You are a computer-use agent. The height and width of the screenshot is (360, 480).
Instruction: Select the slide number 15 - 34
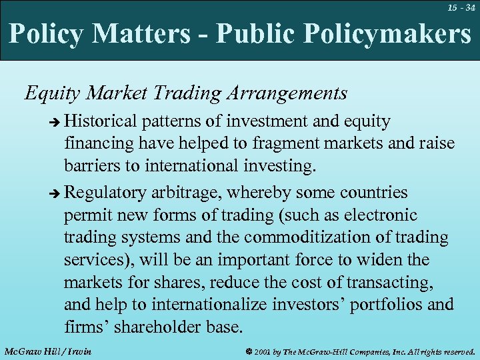pyautogui.click(x=462, y=7)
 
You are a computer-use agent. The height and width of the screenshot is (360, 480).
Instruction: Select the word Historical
pyautogui.click(x=101, y=121)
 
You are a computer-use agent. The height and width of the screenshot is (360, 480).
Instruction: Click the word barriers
pyautogui.click(x=91, y=165)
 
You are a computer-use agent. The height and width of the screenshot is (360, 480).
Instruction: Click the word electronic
pyautogui.click(x=379, y=215)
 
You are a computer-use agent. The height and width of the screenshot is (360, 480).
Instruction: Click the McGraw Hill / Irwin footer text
pyautogui.click(x=47, y=351)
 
